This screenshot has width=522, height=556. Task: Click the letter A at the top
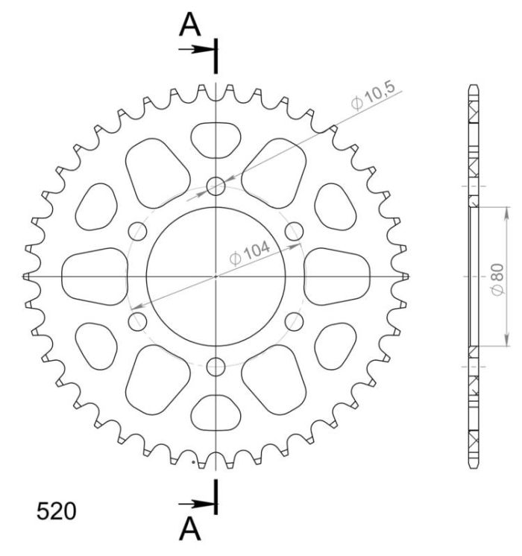pyautogui.click(x=191, y=25)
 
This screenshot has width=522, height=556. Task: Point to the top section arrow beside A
pyautogui.click(x=197, y=50)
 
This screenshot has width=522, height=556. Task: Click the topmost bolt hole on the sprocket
pyautogui.click(x=216, y=186)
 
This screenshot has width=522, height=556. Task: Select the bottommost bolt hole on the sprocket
pyautogui.click(x=216, y=367)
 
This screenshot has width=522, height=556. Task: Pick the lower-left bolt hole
pyautogui.click(x=138, y=321)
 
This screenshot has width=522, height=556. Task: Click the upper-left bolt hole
pyautogui.click(x=138, y=231)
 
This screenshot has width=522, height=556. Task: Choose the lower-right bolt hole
pyautogui.click(x=295, y=321)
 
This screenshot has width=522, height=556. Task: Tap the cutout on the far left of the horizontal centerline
pyautogui.click(x=95, y=277)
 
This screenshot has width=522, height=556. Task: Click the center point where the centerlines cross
pyautogui.click(x=216, y=277)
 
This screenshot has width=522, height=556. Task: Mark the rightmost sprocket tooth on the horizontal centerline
pyautogui.click(x=405, y=277)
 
